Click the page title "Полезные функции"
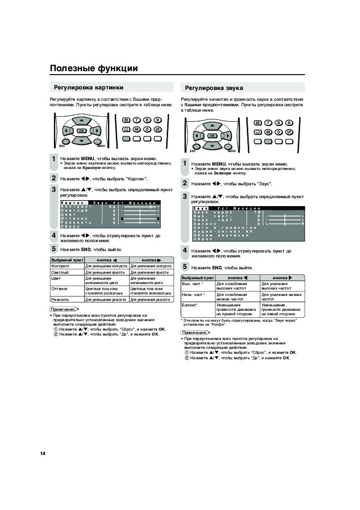click(93, 68)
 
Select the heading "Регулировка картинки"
click(89, 87)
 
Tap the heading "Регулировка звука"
click(214, 88)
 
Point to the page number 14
click(43, 454)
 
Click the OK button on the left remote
click(81, 130)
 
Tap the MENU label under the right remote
click(231, 151)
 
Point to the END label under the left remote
click(62, 146)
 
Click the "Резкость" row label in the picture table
click(60, 299)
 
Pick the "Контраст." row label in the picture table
click(60, 266)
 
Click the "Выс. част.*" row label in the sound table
click(192, 284)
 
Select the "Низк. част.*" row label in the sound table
click(193, 295)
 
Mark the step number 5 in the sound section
click(185, 267)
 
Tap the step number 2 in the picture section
click(54, 178)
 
